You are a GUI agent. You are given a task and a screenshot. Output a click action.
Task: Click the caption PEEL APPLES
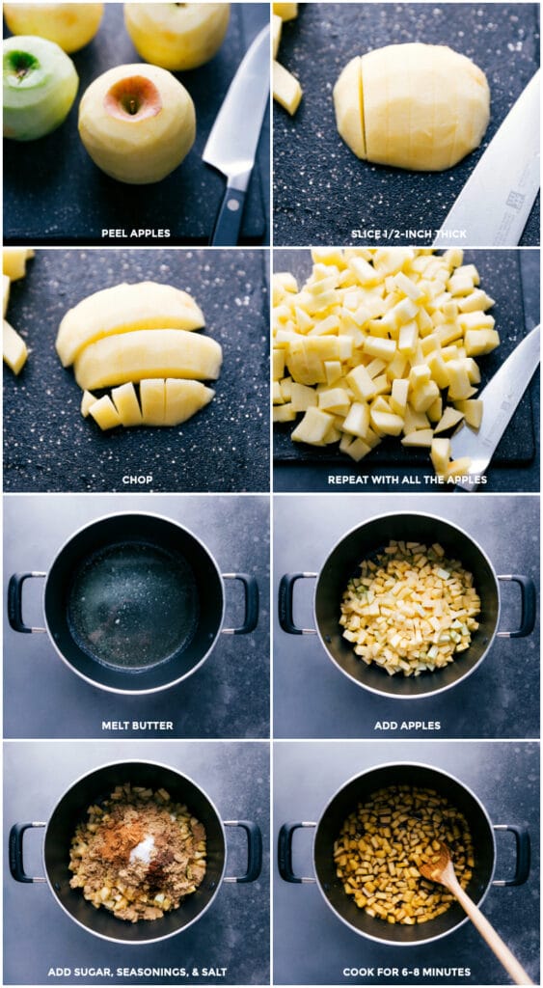pyautogui.click(x=136, y=233)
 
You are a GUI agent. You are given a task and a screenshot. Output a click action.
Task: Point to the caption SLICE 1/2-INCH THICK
pyautogui.click(x=406, y=233)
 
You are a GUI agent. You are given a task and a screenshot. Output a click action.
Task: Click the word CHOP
pyautogui.click(x=136, y=480)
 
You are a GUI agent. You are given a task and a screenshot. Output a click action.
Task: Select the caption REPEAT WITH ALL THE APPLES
pyautogui.click(x=406, y=480)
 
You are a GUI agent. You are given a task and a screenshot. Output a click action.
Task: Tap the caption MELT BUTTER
pyautogui.click(x=136, y=726)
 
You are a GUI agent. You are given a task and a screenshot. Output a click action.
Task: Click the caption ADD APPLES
pyautogui.click(x=406, y=726)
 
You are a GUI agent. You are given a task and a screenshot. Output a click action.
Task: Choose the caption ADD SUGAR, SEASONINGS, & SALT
pyautogui.click(x=136, y=972)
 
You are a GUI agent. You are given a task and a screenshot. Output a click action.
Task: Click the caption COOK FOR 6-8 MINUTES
pyautogui.click(x=406, y=972)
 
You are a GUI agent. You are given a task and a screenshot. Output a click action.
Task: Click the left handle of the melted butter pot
pyautogui.click(x=23, y=602)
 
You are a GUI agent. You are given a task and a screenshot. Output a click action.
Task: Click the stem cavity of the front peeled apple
pyautogui.click(x=133, y=97)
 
